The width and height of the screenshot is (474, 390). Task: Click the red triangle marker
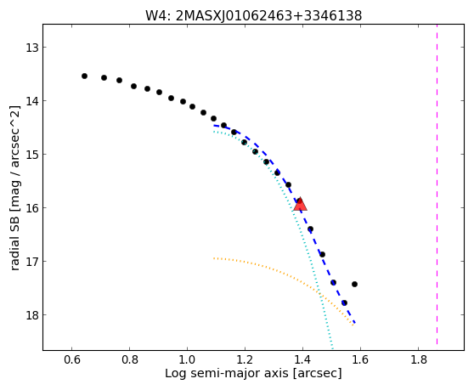(300, 205)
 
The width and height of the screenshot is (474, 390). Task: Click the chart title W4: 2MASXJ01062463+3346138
(254, 16)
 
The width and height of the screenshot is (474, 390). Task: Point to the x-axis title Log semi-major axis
(227, 373)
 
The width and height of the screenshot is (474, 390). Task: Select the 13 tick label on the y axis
(32, 48)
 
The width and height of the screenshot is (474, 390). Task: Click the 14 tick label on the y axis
(32, 101)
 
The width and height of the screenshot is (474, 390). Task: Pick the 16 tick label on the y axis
(32, 208)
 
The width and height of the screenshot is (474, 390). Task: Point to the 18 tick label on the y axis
(32, 315)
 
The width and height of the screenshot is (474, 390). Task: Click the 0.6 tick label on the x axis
(71, 359)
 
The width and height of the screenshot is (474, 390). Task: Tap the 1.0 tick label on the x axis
(187, 359)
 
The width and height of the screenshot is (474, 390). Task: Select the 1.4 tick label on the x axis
(302, 359)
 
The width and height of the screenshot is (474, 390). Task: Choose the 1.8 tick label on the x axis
(419, 359)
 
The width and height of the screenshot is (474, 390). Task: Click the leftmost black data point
(84, 76)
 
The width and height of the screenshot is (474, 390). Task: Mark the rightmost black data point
(354, 284)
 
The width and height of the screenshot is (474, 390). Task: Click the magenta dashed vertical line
(437, 184)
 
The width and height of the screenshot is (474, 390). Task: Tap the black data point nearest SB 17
(322, 255)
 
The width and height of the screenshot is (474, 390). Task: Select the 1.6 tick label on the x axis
(360, 359)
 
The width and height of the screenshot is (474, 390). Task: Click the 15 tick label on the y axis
(32, 155)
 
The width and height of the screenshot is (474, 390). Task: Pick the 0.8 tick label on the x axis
(129, 359)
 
